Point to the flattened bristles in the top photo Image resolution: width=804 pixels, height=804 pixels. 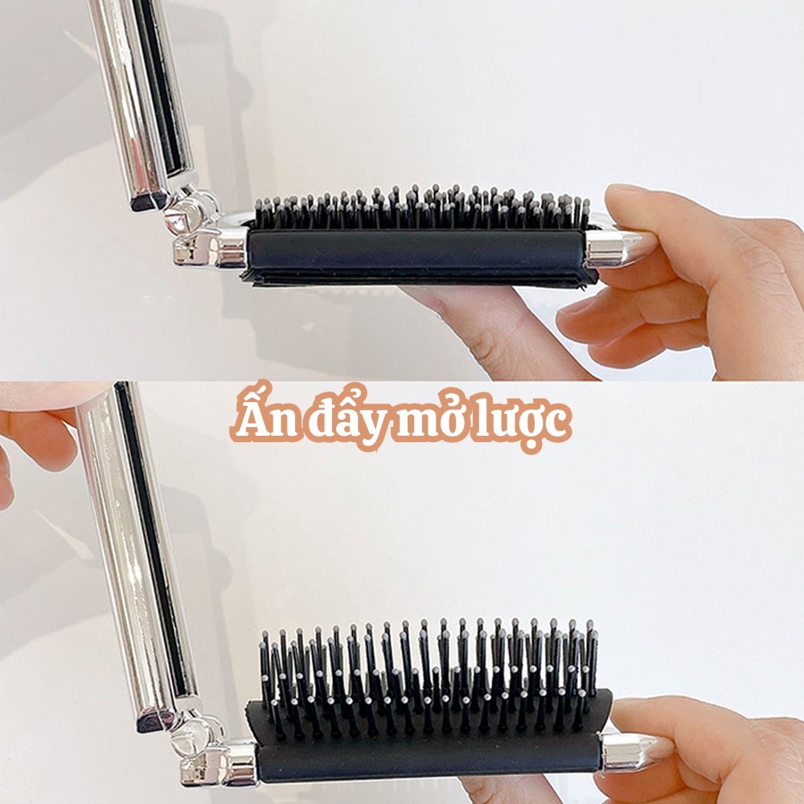tap(421, 207)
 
